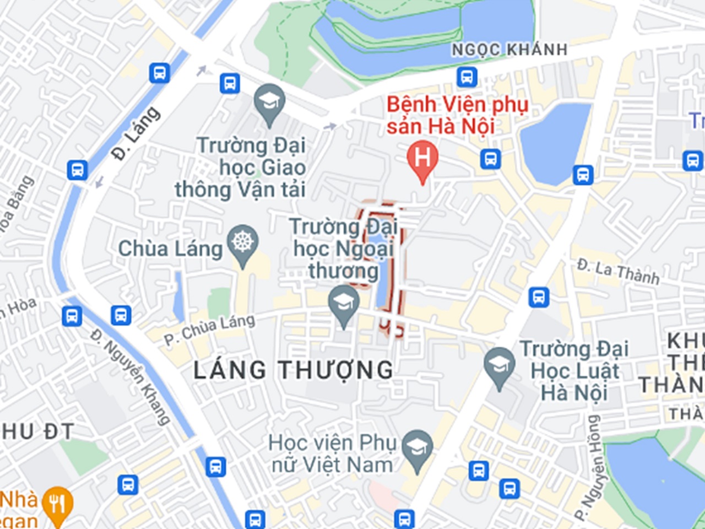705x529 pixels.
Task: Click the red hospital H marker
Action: click(422, 159)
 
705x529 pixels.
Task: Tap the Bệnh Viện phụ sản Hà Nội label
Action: click(457, 115)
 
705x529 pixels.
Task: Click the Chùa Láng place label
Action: click(170, 249)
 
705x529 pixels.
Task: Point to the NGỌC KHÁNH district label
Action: click(509, 50)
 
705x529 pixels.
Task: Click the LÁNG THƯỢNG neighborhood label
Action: click(294, 370)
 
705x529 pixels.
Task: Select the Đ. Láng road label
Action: click(136, 133)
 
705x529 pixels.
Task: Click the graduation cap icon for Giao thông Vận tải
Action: click(269, 102)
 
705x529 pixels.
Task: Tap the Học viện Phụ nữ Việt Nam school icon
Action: click(417, 447)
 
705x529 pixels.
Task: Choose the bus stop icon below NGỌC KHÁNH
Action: click(467, 77)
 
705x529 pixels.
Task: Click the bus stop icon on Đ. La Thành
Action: click(539, 297)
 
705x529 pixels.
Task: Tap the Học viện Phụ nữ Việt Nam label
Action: click(332, 454)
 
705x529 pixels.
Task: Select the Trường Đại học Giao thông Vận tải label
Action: click(241, 168)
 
